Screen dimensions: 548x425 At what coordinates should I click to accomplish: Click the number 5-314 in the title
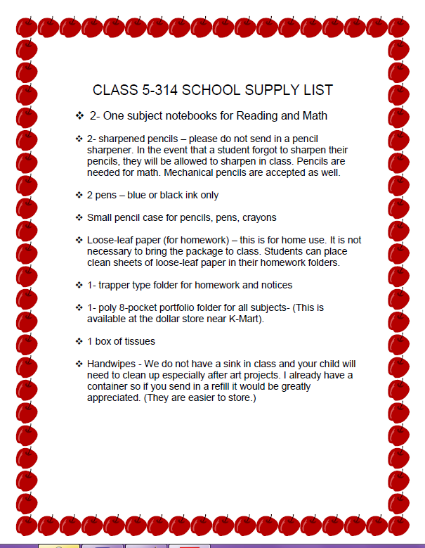(x=162, y=90)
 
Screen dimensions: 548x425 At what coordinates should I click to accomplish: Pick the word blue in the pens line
(x=138, y=195)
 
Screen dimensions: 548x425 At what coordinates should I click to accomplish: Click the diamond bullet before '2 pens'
(x=79, y=195)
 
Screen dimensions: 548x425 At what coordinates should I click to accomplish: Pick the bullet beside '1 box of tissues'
(x=79, y=341)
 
